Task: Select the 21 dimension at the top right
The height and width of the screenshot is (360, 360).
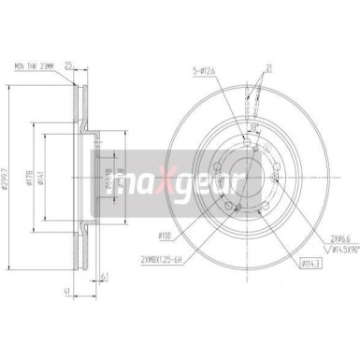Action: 267,68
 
